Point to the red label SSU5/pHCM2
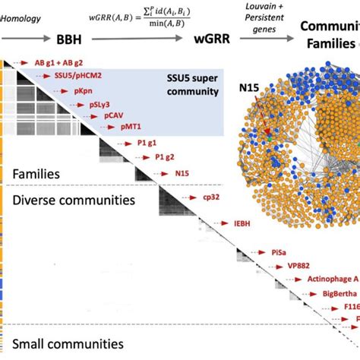tap(78, 75)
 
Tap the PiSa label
tap(279, 251)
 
